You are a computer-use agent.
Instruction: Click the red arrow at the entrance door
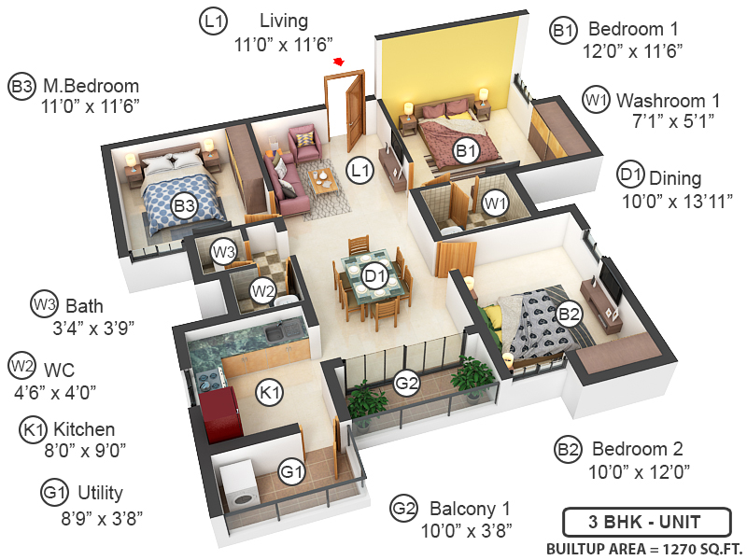click(339, 63)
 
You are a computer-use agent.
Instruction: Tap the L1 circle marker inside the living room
click(359, 170)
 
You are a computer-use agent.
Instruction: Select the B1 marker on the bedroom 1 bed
click(465, 149)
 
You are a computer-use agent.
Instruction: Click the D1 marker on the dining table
click(375, 276)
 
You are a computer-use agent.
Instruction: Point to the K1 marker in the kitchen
click(270, 393)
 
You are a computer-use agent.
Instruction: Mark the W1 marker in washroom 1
click(495, 201)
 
